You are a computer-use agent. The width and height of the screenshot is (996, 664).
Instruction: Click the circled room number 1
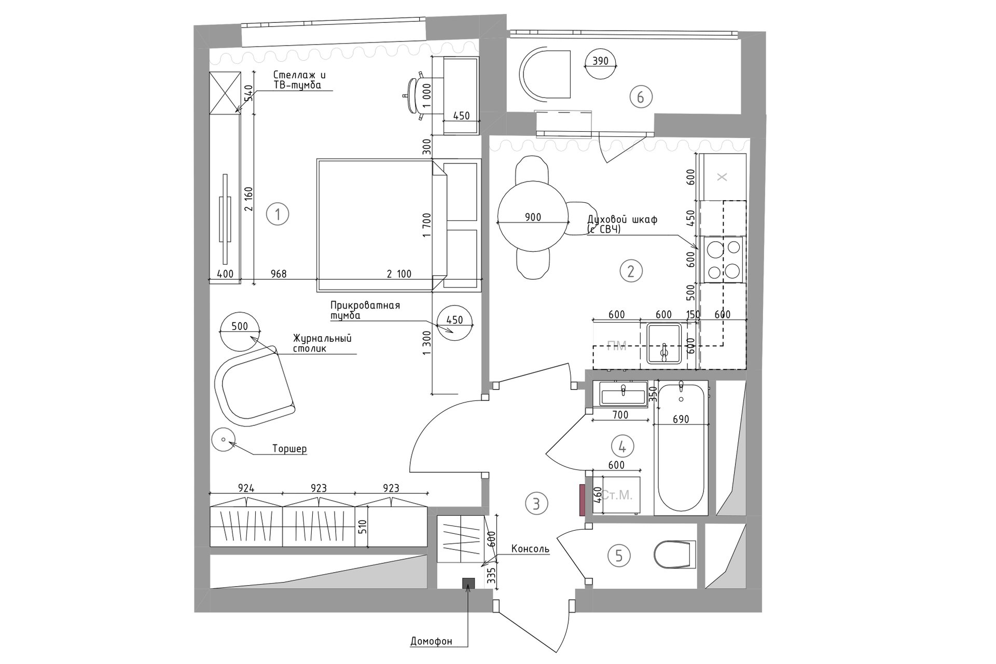tap(278, 214)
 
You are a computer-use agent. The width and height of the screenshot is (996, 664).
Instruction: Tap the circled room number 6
tap(640, 97)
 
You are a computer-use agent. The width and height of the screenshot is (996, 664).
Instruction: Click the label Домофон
tap(431, 641)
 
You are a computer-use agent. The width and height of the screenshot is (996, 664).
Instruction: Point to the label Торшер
tap(289, 449)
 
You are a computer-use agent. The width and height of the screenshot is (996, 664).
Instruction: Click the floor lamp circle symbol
tap(224, 440)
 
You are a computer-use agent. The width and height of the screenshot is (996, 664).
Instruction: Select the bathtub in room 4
tap(681, 448)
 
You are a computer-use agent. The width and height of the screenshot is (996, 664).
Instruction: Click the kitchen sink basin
tap(663, 344)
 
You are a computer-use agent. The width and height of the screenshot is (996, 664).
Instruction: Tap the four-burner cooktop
tap(721, 259)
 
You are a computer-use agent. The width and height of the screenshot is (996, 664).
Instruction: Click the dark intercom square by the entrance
tap(468, 583)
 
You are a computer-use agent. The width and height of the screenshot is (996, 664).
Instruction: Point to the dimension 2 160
tap(248, 198)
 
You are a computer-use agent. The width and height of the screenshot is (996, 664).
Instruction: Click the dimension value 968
tap(279, 273)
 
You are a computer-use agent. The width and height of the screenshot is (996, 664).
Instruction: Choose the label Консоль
tap(530, 549)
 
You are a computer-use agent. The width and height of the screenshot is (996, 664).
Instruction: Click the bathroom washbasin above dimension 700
tap(623, 394)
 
